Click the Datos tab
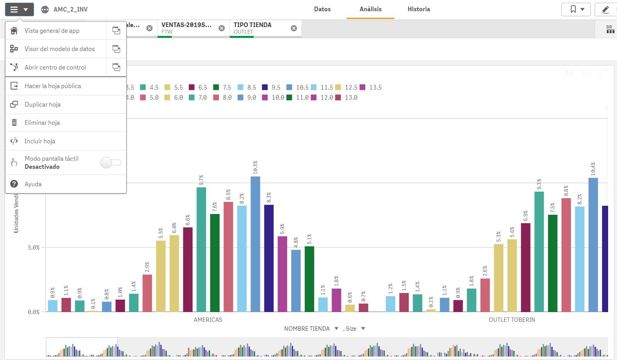322,9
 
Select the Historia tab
419,9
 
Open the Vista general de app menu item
52,31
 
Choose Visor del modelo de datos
59,49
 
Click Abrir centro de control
55,67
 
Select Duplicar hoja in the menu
42,104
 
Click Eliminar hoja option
42,122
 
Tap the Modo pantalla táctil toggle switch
111,163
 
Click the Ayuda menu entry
33,184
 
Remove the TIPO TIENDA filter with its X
294,28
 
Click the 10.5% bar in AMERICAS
255,243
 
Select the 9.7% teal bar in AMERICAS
201,249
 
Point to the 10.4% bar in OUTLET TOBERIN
593,244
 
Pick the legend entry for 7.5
222,87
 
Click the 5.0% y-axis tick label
34,248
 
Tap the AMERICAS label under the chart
208,319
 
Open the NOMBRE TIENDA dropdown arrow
336,329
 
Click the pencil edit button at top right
605,9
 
